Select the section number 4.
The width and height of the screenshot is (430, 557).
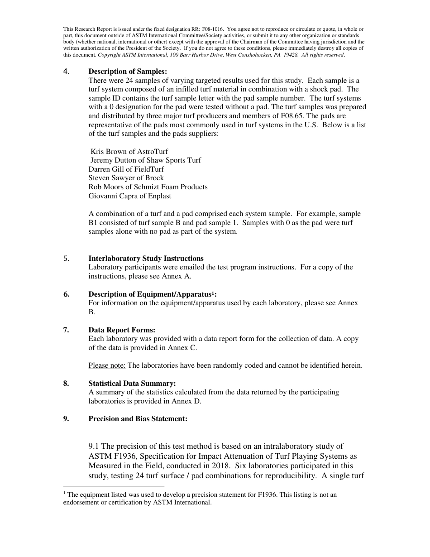click(66, 71)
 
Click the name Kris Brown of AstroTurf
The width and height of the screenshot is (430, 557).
click(129, 152)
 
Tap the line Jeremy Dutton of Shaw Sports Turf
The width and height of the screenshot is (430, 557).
click(145, 160)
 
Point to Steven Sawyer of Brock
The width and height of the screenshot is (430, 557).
click(126, 178)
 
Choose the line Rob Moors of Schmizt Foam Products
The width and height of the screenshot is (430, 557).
click(148, 187)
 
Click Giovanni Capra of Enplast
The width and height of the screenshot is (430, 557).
click(129, 196)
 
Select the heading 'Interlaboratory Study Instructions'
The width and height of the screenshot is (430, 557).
click(146, 259)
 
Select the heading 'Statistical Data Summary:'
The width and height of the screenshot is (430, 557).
click(132, 384)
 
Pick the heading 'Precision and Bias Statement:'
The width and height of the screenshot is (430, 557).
click(138, 419)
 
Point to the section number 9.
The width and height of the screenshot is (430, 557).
click(66, 419)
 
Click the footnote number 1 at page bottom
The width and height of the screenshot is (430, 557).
click(65, 493)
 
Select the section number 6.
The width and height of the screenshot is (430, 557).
click(66, 294)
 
